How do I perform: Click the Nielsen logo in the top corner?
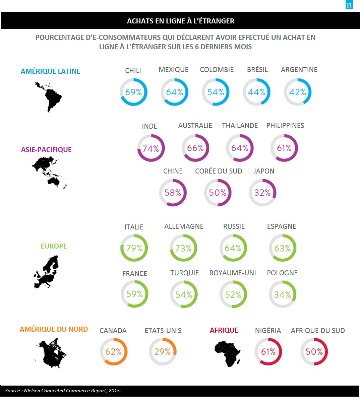349,5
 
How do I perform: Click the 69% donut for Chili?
133,92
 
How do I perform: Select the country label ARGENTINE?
299,70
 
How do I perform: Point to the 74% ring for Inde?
151,148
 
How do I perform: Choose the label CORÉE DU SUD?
219,171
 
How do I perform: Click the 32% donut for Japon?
262,193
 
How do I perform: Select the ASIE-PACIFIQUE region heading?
46,150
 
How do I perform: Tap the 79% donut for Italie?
134,248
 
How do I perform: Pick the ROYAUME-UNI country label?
233,273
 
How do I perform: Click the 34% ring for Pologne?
283,294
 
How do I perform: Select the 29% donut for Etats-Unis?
163,352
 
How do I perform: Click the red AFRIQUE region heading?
224,330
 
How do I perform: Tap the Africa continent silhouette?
228,354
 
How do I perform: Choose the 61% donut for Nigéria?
268,352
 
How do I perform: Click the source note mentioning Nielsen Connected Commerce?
63,391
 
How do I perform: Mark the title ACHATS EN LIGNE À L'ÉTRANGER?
181,21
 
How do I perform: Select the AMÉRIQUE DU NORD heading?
54,329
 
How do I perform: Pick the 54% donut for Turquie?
184,294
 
